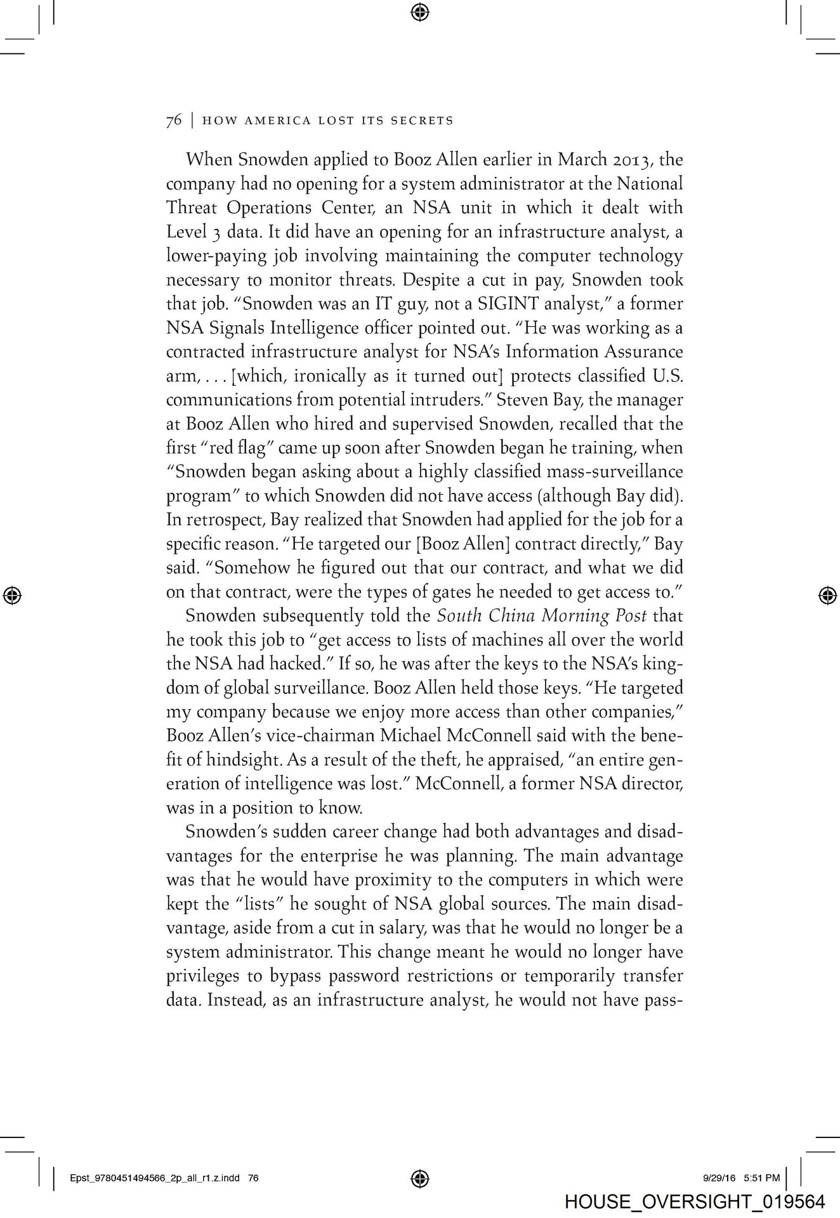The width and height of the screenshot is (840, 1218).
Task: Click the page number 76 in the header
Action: point(173,121)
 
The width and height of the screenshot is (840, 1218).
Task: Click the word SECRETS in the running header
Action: point(423,121)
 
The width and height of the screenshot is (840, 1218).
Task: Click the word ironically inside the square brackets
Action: point(316,376)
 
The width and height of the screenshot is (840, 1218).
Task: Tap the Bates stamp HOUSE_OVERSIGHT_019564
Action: point(695,1202)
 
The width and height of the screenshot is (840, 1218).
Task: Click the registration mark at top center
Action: point(420,11)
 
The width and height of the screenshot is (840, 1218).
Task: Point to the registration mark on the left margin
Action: point(13,594)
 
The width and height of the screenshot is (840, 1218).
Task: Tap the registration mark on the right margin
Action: point(826,594)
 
